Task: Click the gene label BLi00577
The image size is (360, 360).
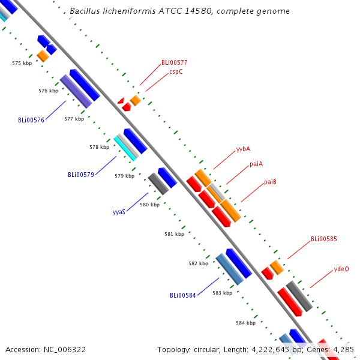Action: tap(174, 62)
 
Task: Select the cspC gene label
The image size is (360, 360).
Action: tap(176, 71)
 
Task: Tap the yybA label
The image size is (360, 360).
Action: tap(243, 148)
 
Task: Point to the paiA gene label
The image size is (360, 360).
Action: tap(256, 164)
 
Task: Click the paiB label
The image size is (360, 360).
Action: tap(270, 182)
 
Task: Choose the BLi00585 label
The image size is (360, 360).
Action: tap(323, 239)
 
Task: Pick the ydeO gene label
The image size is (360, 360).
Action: tap(341, 269)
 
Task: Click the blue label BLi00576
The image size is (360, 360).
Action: tap(31, 120)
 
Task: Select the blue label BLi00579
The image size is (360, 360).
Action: tap(80, 175)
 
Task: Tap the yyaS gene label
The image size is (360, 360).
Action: tap(119, 212)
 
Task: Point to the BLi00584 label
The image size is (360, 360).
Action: tap(182, 295)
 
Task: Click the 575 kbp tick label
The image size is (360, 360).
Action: tap(22, 63)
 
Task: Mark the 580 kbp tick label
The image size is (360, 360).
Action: tap(149, 205)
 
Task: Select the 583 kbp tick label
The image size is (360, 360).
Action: tap(222, 293)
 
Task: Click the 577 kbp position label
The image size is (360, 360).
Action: tap(74, 119)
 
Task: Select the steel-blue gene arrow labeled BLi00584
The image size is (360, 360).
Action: tap(230, 269)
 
